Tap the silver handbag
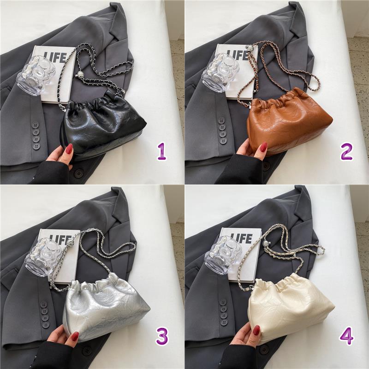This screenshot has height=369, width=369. pos(106,307)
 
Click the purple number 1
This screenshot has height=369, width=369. pos(162,152)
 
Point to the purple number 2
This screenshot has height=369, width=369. pos(346,152)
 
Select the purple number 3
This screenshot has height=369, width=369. pos(162,337)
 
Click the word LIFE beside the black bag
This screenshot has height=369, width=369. pos(55,57)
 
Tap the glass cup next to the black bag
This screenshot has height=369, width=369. pos(36,75)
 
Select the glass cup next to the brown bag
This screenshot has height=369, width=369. pos(220,72)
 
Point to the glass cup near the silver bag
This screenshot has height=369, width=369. pos(43,256)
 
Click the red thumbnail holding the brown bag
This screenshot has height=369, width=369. pos(263,147)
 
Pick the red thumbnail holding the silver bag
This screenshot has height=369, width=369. pos(75,337)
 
